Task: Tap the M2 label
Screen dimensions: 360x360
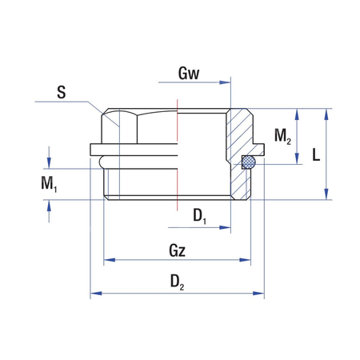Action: coord(282,136)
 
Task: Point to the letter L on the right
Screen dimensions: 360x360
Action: coord(316,155)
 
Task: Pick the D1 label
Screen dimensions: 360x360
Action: coord(199,215)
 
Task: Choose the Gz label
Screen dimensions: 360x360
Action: coord(178,250)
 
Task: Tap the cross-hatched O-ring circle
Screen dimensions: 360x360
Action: coord(249,162)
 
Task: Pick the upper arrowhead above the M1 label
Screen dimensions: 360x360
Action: coord(50,163)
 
